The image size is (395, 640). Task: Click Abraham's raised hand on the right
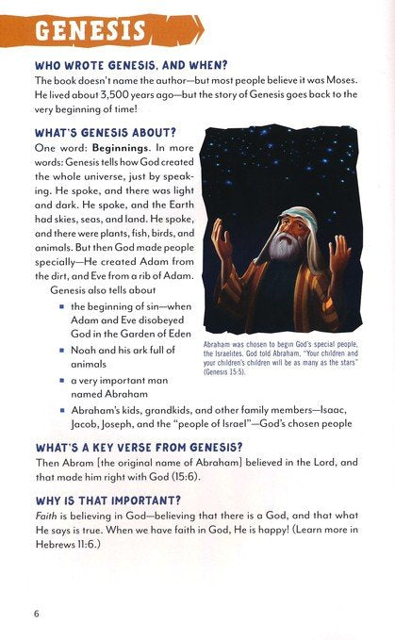click(338, 250)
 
